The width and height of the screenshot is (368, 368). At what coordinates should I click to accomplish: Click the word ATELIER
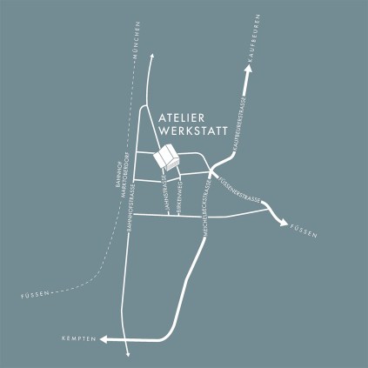[183, 117]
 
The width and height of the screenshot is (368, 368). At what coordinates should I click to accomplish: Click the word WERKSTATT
[193, 132]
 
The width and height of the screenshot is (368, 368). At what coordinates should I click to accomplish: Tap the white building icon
[165, 159]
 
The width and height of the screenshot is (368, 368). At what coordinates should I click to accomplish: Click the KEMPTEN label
[78, 338]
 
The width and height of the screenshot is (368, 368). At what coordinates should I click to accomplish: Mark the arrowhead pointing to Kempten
[104, 338]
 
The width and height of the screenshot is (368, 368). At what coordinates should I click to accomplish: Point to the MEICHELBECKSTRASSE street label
[206, 204]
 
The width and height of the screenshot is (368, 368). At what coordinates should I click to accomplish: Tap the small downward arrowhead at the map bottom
[127, 353]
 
